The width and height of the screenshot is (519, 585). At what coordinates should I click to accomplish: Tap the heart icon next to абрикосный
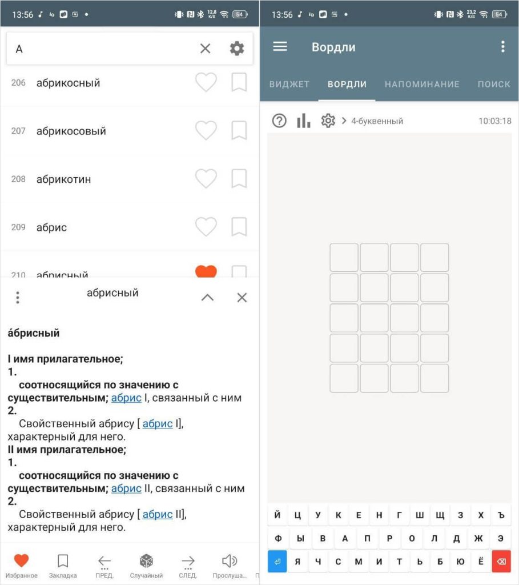(206, 82)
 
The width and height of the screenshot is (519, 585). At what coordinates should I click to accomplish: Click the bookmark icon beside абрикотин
(239, 178)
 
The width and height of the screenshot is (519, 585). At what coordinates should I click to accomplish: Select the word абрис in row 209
(51, 227)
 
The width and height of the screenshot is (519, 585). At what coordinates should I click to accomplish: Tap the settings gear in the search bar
(237, 49)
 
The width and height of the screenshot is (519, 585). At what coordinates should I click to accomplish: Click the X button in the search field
(205, 49)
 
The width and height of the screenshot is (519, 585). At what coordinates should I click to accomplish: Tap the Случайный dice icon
(146, 561)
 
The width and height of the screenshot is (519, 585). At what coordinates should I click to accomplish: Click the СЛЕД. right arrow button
(188, 561)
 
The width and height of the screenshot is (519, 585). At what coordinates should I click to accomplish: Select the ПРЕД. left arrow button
(104, 561)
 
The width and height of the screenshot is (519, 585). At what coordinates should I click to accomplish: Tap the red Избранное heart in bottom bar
(21, 560)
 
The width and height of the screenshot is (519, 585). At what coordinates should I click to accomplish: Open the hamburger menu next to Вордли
(280, 47)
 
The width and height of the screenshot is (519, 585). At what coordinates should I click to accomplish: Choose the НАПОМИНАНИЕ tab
(422, 85)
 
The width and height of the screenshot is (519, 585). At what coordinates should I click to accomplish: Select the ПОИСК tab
(494, 85)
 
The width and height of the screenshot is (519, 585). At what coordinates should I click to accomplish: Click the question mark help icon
(279, 121)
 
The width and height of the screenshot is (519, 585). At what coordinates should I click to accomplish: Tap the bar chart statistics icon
(304, 121)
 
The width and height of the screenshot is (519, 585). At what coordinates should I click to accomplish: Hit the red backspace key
(501, 561)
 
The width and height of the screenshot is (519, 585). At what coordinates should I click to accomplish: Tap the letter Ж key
(478, 538)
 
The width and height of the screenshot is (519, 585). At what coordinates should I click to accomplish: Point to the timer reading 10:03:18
(495, 121)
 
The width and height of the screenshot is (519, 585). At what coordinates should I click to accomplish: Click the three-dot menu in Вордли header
(503, 47)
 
